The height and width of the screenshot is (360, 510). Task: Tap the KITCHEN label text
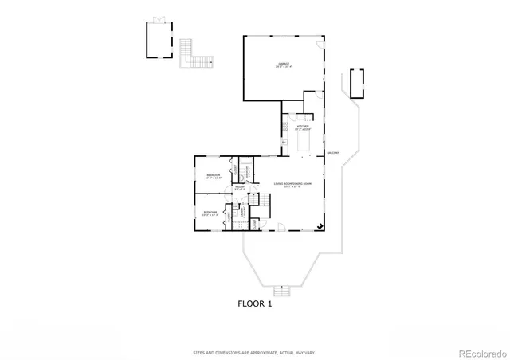(x=303, y=127)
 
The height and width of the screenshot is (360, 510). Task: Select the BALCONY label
(x=333, y=153)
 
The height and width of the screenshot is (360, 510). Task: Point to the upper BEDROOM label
(x=213, y=175)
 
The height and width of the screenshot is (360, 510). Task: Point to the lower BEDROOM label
(x=210, y=212)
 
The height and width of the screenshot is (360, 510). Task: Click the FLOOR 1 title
(x=254, y=303)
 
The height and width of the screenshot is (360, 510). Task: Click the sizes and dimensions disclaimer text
(x=254, y=351)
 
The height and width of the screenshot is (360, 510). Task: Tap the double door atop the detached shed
(x=159, y=20)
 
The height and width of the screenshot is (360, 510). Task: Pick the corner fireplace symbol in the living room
(x=320, y=225)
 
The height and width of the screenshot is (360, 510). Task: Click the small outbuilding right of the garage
(x=356, y=83)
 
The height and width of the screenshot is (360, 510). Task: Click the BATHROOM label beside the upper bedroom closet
(x=248, y=170)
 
